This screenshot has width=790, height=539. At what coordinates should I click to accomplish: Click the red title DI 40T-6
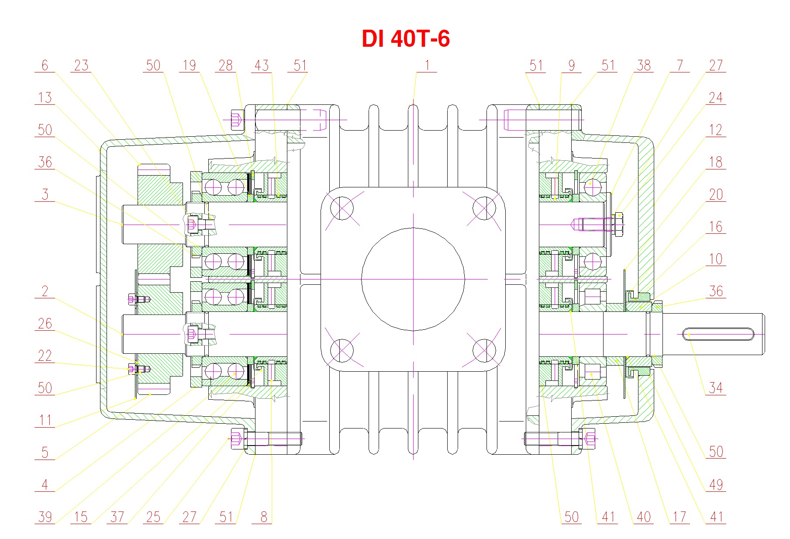click(x=406, y=38)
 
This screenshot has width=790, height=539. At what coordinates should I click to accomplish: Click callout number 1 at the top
click(x=427, y=66)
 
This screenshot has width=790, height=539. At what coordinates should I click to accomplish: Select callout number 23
click(x=81, y=66)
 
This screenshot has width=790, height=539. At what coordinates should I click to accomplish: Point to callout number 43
click(x=262, y=66)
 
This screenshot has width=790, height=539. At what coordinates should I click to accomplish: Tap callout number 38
click(x=644, y=66)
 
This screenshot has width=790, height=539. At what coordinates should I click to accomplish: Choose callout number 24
click(x=715, y=98)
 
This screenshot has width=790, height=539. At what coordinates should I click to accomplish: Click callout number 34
click(x=715, y=388)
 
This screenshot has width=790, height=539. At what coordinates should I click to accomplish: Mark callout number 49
click(x=716, y=484)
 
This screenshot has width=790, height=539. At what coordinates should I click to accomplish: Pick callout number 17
click(x=680, y=517)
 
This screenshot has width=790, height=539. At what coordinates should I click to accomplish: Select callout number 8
click(x=263, y=517)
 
